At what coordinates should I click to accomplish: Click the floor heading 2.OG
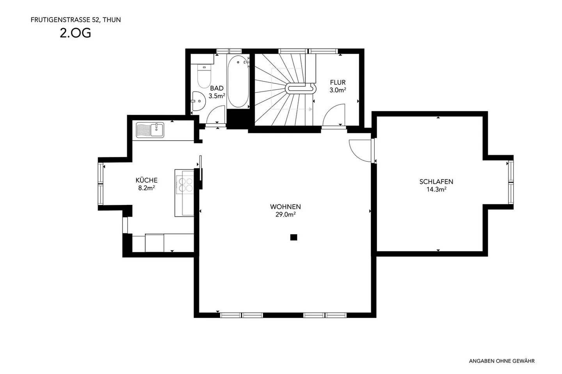[x=75, y=33]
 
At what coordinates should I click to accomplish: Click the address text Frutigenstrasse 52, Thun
[x=76, y=20]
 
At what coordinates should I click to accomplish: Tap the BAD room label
[x=217, y=88]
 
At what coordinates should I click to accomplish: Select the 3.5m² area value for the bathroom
[x=217, y=96]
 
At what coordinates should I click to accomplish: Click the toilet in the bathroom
[x=204, y=76]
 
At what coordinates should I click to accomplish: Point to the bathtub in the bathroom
[x=238, y=82]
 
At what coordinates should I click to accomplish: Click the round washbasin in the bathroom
[x=199, y=101]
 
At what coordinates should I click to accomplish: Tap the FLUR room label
[x=338, y=83]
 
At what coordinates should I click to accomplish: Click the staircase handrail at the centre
[x=301, y=88]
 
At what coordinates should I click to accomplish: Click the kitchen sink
[x=150, y=130]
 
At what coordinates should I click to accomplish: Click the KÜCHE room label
[x=146, y=180]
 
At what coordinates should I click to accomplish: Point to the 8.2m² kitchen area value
[x=146, y=188]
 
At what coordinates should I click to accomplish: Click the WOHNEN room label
[x=285, y=207]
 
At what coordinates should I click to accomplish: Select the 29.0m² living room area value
[x=285, y=214]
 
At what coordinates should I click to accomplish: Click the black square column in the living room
[x=294, y=237]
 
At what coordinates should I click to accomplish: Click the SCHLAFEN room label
[x=436, y=182]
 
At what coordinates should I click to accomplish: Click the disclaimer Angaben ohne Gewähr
[x=502, y=361]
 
